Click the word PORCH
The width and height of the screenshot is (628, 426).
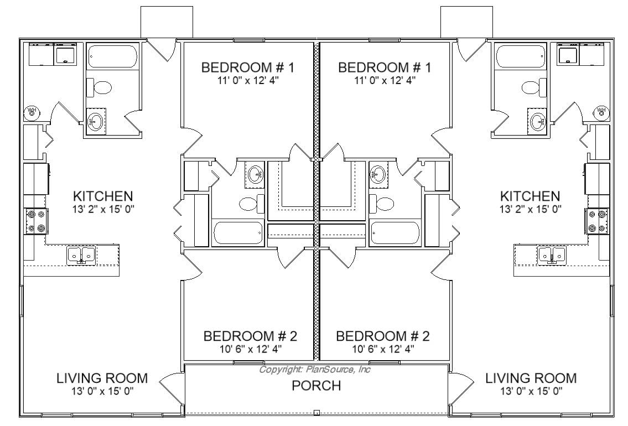316,386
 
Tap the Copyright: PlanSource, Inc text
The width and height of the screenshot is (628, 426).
315,369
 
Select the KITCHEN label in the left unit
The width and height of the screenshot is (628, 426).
103,196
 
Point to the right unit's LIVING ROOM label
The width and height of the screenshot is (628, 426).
531,378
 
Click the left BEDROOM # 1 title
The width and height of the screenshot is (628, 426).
247,67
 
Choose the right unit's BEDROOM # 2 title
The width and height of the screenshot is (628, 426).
383,336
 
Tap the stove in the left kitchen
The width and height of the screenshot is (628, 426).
36,221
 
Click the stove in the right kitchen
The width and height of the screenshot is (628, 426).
597,221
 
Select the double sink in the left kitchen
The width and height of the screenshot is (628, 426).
81,255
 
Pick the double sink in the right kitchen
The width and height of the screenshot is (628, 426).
552,255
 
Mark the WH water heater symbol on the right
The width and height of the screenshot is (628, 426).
601,111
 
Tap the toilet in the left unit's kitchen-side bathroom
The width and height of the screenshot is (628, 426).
100,87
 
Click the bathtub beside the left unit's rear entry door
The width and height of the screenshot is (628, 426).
112,56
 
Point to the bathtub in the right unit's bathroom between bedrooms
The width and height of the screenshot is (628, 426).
395,233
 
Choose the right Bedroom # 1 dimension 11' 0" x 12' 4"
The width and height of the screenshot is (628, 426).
385,80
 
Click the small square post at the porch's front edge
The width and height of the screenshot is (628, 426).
316,412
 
